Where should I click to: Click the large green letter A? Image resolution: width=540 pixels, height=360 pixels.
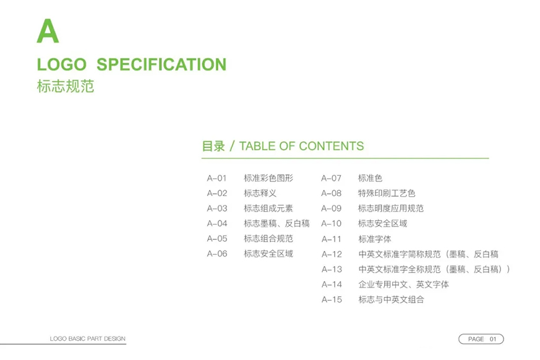pos(48,31)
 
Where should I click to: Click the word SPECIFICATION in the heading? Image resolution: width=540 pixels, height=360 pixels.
pos(161,64)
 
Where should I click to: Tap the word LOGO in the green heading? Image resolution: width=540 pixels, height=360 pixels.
pos(62,64)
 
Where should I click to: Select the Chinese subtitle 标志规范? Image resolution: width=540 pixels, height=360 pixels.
pos(66,86)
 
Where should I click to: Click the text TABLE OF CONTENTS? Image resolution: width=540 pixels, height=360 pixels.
pos(301,146)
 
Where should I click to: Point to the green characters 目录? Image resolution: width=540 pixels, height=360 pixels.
pos(213,146)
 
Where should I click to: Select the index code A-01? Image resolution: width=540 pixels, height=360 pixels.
pos(216,178)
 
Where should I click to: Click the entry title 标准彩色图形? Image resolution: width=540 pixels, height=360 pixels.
pos(268,178)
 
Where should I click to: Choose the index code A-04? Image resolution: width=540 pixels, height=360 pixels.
pos(217,223)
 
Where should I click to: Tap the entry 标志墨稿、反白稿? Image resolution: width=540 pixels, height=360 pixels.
pos(276,223)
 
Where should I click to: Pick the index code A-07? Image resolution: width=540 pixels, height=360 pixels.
pos(332,178)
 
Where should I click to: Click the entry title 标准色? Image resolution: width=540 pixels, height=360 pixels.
pos(371,178)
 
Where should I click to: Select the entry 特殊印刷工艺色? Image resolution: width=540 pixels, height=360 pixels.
pos(387,193)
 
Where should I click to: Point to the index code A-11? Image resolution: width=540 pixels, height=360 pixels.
pos(332,239)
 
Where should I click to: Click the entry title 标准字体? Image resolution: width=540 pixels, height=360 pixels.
pos(375,239)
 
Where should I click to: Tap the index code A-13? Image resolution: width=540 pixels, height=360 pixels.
pos(332,270)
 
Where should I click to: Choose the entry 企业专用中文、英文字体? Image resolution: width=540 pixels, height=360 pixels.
pos(404,285)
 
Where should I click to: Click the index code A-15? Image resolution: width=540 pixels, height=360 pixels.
pos(332,300)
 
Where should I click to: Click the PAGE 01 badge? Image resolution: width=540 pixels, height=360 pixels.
pos(481,339)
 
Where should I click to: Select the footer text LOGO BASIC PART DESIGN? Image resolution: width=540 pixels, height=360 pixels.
pos(87,338)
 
